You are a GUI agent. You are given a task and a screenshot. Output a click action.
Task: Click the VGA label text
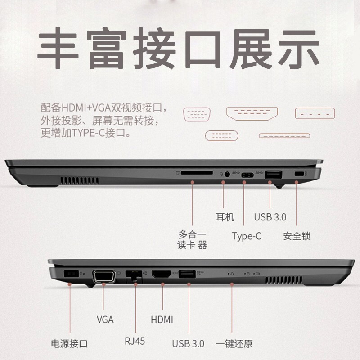(x=105, y=319)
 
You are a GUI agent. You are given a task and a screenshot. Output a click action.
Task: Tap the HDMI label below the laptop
(x=162, y=319)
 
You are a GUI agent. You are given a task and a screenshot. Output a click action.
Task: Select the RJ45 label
(x=135, y=341)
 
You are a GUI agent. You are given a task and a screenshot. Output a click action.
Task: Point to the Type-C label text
(x=247, y=236)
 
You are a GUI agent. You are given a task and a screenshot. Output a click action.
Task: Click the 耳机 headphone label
(x=225, y=217)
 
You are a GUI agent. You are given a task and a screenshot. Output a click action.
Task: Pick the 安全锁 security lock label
(x=297, y=236)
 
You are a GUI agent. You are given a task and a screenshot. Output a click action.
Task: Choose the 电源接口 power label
(x=69, y=344)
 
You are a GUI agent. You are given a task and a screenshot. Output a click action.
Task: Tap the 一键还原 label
(x=234, y=344)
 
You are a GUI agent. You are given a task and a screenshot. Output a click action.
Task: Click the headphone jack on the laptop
(x=227, y=174)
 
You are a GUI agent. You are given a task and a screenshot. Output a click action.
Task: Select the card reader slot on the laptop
(x=197, y=173)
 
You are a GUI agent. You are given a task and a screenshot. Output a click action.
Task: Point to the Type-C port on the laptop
(x=247, y=175)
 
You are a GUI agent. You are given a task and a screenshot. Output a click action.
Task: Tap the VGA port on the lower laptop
(x=104, y=275)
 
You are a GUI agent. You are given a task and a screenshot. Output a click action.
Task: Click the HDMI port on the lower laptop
(x=162, y=274)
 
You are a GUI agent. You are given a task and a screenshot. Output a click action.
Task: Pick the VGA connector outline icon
(x=197, y=114)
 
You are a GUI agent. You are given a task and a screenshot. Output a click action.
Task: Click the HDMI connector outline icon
(x=252, y=114)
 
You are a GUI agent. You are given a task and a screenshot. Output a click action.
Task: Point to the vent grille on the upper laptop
(x=80, y=181)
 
